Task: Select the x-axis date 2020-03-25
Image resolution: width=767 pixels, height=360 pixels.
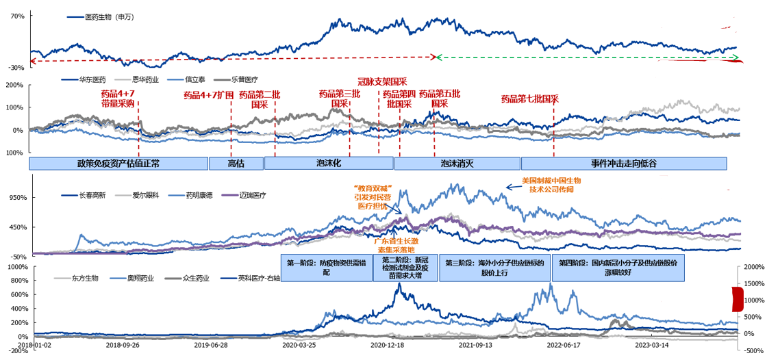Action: click(299, 346)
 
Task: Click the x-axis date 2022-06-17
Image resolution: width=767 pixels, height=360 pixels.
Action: click(563, 346)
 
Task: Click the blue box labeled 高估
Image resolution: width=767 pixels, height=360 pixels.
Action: click(236, 164)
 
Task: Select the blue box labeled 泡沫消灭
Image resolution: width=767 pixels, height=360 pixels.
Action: click(457, 164)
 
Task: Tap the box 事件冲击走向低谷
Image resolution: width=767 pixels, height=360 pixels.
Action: click(623, 164)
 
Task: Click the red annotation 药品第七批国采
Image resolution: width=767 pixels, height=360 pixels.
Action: click(529, 99)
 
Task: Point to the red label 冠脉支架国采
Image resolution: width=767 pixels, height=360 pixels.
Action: click(382, 81)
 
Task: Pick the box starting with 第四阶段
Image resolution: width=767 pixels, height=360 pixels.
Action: click(618, 268)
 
